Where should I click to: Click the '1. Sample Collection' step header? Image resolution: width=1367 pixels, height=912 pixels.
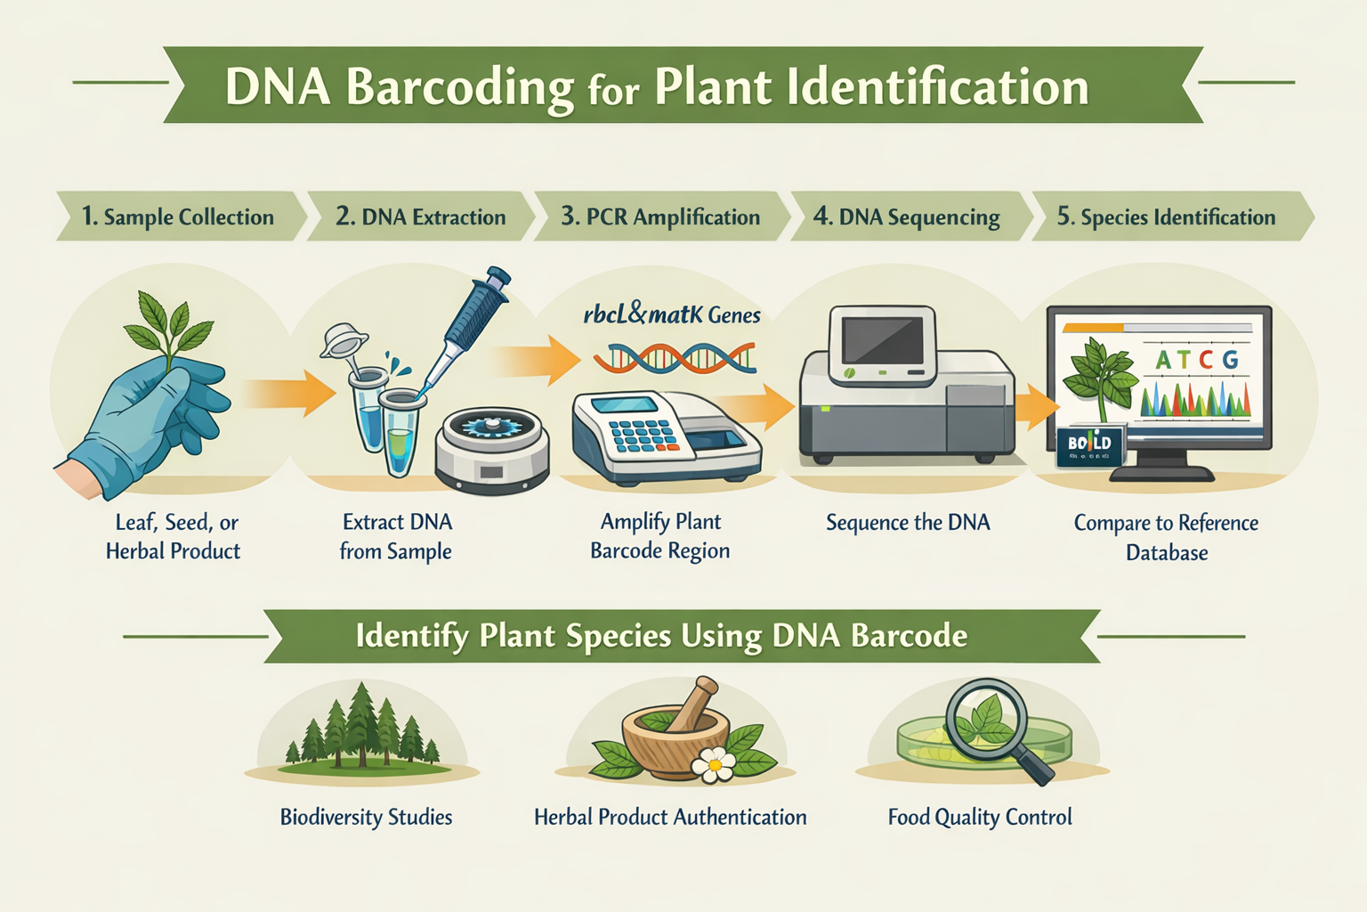coord(178,216)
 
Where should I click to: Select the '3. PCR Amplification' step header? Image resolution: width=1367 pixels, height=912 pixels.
coord(660,216)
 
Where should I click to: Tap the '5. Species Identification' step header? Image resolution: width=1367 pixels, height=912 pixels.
coord(1166,216)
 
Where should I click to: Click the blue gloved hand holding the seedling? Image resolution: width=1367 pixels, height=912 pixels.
coord(147,419)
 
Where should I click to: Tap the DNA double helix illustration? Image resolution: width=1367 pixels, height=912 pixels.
coord(675,359)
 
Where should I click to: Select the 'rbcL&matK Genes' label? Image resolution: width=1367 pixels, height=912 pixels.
coord(672,314)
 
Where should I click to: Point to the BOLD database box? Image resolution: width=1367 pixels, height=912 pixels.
coord(1090,444)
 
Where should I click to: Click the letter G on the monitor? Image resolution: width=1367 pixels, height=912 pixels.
coord(1230,360)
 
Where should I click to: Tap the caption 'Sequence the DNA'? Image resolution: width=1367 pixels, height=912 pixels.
coord(908,522)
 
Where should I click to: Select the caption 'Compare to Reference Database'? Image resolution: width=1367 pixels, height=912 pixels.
coord(1166,537)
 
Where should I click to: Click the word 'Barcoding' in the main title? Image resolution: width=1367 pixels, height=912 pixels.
coord(459,87)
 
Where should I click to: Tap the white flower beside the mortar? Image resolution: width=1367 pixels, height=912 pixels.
coord(713,763)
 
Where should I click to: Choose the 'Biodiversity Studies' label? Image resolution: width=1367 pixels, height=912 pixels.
coord(366,817)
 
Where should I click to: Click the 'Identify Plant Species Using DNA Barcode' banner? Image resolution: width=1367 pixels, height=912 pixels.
coord(661,636)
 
